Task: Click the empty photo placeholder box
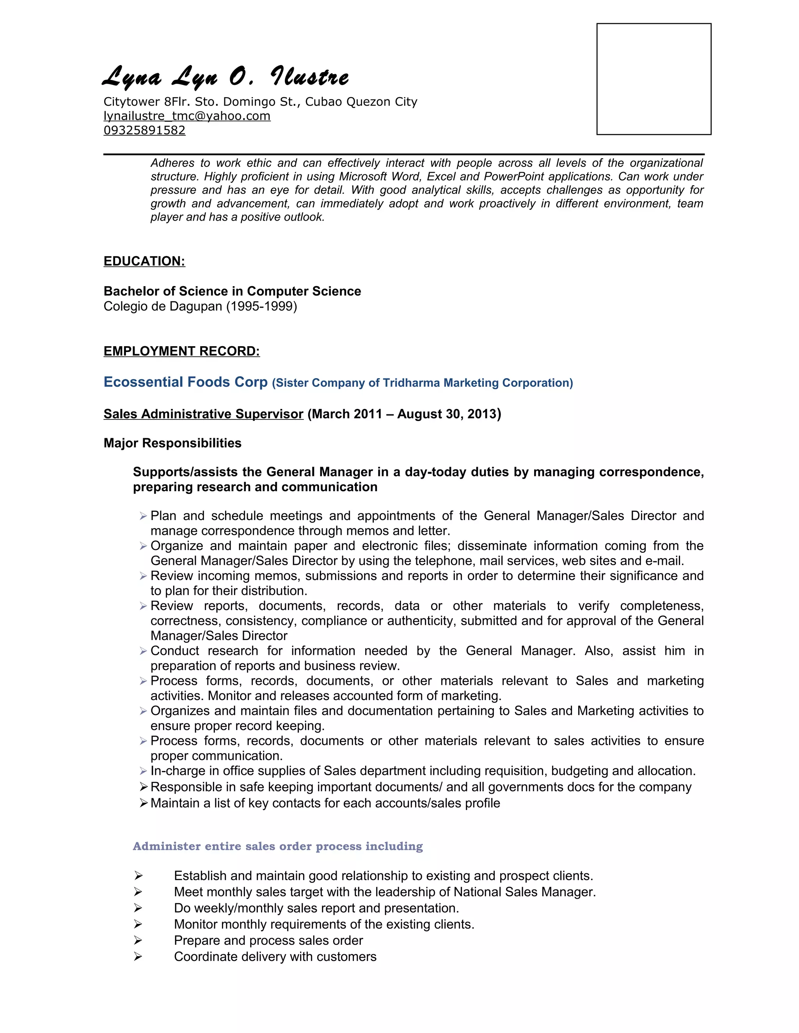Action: click(654, 79)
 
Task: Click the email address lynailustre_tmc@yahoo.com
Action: click(187, 116)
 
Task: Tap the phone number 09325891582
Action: click(144, 130)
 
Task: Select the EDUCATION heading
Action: click(144, 261)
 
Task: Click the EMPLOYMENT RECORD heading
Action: click(182, 351)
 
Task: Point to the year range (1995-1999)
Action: click(261, 306)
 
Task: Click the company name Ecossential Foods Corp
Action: click(186, 382)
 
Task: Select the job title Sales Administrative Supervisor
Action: click(204, 414)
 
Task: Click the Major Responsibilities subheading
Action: click(172, 443)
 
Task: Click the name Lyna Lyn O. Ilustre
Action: click(226, 77)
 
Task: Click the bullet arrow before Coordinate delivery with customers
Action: click(138, 956)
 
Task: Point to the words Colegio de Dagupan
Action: click(163, 306)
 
